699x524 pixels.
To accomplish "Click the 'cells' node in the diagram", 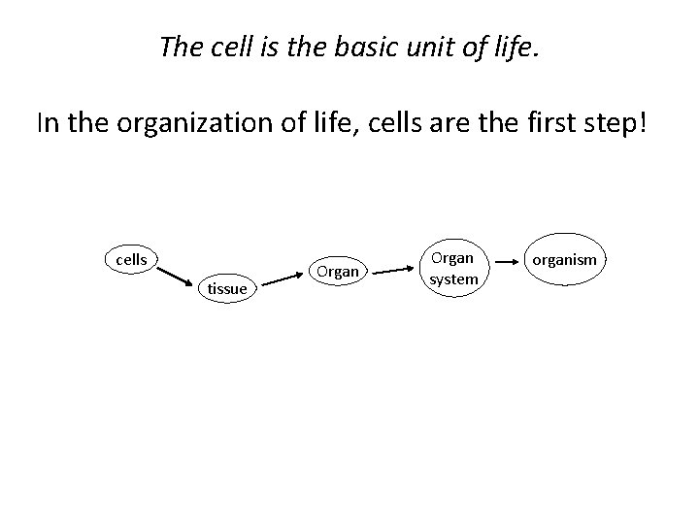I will (132, 260).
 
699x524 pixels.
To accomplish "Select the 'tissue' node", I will (227, 288).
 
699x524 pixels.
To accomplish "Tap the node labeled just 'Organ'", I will (338, 272).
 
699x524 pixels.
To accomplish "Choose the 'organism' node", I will (565, 260).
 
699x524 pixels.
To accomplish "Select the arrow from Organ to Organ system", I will (397, 273).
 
